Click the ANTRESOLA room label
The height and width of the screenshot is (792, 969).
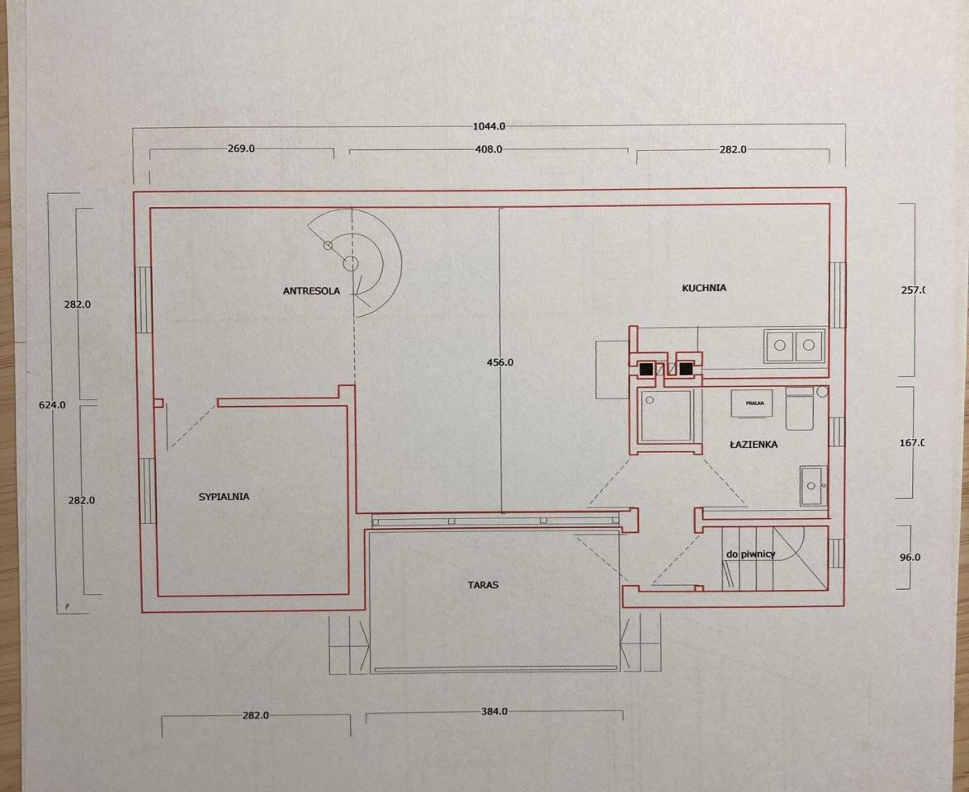[311, 291]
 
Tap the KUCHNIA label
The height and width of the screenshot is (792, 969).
[704, 288]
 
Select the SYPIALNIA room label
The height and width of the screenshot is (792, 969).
[224, 497]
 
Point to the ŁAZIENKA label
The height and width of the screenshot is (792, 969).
[754, 444]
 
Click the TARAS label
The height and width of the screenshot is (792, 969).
[483, 584]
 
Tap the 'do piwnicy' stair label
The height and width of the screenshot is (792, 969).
[750, 554]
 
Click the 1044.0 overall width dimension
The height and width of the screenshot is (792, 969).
[489, 126]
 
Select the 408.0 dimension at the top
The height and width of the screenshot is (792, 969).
[488, 148]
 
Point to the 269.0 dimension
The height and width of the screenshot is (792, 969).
[241, 148]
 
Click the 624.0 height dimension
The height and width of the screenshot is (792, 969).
[52, 405]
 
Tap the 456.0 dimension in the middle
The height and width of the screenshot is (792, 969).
[499, 363]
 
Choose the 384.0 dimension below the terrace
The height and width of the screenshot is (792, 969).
[494, 711]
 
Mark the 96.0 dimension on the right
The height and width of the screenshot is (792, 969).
[910, 557]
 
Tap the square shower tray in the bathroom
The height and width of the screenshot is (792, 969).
[666, 416]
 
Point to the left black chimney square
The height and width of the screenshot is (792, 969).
[646, 370]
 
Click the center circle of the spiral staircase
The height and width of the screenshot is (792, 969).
[351, 264]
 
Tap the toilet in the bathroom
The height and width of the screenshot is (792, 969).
[801, 408]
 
